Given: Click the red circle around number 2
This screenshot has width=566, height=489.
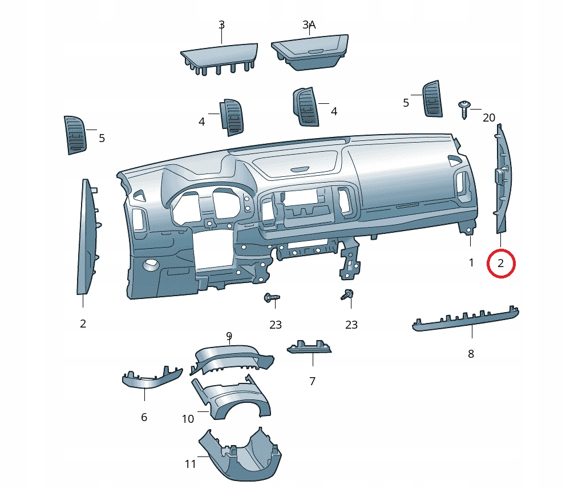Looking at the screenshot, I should point(501,264).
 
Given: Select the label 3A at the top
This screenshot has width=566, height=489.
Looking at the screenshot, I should point(309,25).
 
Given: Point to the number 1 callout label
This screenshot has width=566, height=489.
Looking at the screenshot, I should point(471,263).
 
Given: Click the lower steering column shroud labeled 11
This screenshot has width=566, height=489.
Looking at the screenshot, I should point(240,455).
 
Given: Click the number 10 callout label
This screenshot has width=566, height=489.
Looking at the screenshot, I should point(188,419).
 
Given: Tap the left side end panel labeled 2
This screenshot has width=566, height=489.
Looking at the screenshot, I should point(87,237).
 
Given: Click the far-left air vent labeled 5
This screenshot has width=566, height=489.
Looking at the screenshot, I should point(75,135).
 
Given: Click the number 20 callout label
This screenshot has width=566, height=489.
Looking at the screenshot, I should point(489,118).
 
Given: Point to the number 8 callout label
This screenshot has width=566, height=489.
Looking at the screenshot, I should point(471,354).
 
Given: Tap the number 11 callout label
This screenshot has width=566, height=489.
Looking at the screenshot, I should point(191,464).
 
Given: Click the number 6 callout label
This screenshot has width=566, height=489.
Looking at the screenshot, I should point(144,418).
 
